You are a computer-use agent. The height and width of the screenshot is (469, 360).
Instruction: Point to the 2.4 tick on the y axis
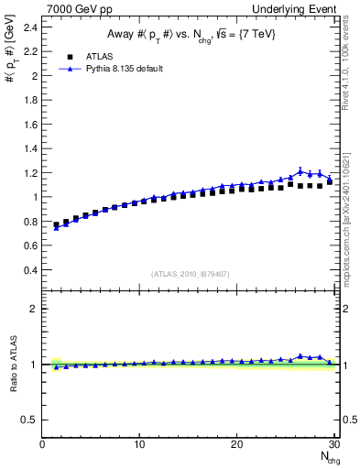point(30,27)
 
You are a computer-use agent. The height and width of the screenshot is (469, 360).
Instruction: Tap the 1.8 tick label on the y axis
point(30,100)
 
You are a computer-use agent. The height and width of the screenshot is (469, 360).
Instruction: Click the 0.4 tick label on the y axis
point(30,269)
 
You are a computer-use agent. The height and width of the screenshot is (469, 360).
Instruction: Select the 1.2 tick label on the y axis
point(30,172)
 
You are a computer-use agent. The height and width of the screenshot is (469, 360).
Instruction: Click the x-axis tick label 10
point(139,444)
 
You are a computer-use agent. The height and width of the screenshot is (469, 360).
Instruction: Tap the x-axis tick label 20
point(236,444)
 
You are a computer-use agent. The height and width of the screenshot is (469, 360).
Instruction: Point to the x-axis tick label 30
point(333,444)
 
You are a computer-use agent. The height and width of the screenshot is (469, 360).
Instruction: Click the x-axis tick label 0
point(42,444)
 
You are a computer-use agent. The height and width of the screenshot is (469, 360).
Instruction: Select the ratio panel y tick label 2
point(34,309)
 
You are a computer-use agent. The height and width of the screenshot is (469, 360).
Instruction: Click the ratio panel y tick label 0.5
point(30,420)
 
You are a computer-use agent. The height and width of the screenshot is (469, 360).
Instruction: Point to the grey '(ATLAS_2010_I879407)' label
point(190,274)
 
